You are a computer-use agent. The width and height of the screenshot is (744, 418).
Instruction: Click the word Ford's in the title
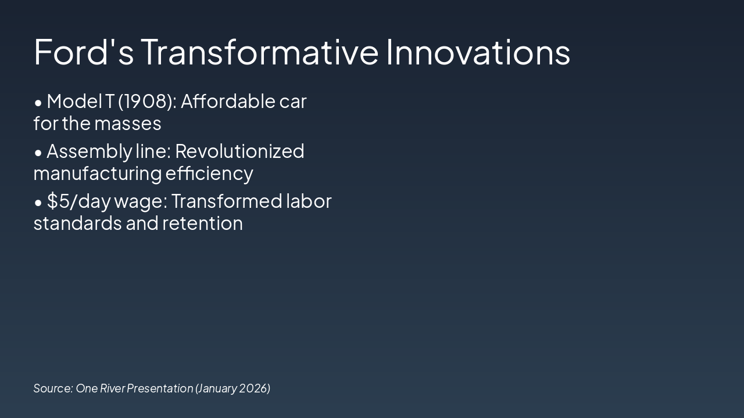pos(84,52)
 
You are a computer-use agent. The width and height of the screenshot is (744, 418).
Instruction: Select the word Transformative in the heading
pos(259,52)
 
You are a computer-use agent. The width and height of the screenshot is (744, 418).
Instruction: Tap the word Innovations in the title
pos(478,52)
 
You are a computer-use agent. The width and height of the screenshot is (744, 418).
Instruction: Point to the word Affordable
pos(228,101)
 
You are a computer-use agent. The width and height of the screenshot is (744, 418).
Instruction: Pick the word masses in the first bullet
pos(128,124)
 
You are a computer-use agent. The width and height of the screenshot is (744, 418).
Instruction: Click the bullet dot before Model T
pos(38,103)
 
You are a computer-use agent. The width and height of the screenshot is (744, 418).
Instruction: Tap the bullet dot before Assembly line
pos(38,153)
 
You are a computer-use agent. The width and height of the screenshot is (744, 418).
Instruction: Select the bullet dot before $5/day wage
pos(38,203)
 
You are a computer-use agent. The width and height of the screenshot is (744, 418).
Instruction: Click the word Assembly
pos(90,152)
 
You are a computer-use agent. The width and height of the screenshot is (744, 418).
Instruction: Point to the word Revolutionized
pos(239,151)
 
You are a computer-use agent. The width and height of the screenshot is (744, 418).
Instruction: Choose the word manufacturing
pos(98,174)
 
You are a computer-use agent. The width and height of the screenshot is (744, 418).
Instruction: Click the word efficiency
pos(209,174)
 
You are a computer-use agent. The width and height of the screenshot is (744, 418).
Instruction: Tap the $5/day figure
pos(78,201)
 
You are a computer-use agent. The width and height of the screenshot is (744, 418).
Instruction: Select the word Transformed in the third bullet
pos(227,201)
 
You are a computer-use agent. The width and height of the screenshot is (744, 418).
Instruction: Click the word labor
pos(309,201)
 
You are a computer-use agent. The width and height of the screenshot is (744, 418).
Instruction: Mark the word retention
pos(203,224)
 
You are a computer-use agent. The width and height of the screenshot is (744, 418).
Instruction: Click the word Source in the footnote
pos(53,388)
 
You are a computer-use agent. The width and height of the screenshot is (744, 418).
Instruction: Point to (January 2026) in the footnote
pos(233,388)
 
